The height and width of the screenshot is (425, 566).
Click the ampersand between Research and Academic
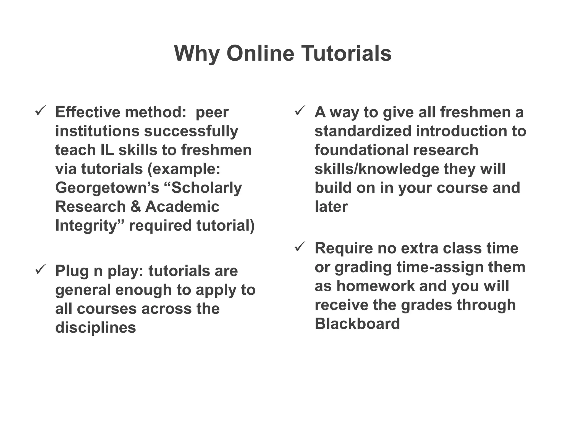coord(135,206)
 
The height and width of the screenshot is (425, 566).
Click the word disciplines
coord(95,328)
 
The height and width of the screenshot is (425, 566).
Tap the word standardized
coord(363,131)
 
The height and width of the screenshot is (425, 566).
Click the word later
coord(331,206)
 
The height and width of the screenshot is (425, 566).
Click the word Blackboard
coord(357,324)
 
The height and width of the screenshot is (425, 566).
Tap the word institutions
coord(97,131)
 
